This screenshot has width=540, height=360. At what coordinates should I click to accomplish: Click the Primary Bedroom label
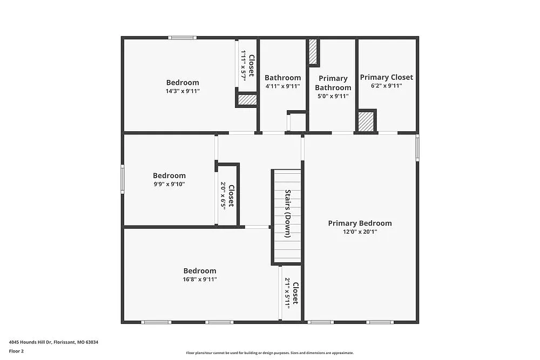click(360, 223)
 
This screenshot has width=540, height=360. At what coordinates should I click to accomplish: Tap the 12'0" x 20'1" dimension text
click(360, 232)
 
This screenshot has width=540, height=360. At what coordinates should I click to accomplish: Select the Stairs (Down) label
click(288, 214)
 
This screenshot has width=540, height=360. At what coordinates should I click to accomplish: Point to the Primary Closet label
click(386, 77)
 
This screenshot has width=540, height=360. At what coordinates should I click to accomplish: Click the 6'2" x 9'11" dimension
click(386, 86)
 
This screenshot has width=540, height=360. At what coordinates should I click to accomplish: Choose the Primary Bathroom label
click(333, 83)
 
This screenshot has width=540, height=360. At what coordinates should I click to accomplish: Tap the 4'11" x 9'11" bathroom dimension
click(282, 86)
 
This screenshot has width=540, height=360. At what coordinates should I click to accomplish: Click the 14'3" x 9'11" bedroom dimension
click(183, 91)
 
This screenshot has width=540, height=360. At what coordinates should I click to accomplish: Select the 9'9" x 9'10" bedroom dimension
click(169, 184)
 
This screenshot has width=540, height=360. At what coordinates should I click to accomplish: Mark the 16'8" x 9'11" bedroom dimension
click(199, 280)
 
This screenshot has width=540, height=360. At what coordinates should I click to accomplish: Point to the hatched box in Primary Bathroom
click(313, 52)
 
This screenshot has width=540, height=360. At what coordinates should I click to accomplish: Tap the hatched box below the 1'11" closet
click(247, 100)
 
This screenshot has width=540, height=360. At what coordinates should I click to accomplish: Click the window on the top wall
click(181, 38)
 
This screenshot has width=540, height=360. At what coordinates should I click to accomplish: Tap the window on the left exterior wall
click(123, 180)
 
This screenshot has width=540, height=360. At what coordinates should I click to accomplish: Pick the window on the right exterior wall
click(417, 147)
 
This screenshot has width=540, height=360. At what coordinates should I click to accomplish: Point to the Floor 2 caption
click(16, 351)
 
